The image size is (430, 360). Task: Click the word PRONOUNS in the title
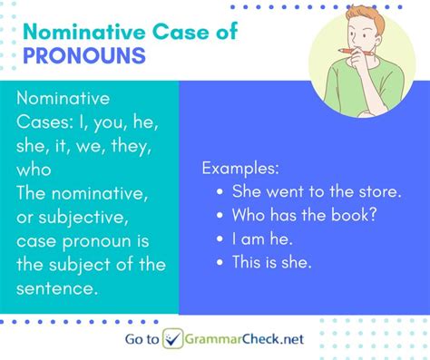coord(84,56)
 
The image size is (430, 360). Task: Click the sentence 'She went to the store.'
coord(316,192)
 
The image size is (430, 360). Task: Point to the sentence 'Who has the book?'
coord(304,216)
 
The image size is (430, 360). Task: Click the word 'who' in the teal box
coord(34,170)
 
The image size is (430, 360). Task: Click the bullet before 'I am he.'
coord(221,240)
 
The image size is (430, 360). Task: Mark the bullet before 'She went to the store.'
coord(221,192)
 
